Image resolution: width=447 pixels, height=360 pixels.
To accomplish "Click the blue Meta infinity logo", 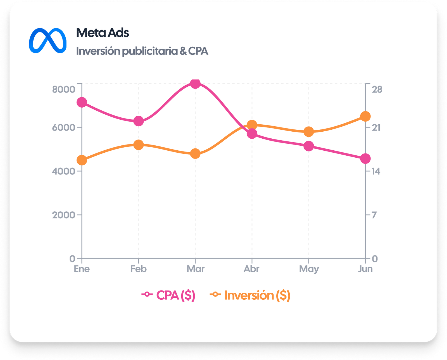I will pos(48,41).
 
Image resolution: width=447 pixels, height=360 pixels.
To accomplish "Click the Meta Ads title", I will pos(103,33).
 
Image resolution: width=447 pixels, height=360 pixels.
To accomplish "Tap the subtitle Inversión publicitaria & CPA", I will pos(142,51).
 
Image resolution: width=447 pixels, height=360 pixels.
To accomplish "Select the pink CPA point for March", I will pos(195,83).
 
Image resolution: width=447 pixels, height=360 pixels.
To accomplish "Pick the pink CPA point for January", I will pos(82,102).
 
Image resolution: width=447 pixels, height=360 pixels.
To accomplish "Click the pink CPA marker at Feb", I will pos(139,121).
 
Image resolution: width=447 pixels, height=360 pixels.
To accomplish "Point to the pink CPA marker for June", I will pos(365,158).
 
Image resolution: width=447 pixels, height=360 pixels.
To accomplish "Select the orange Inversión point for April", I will pos(252,125).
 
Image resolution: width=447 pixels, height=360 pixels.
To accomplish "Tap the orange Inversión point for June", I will pos(365,116).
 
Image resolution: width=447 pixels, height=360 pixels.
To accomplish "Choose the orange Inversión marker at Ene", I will pos(82,160).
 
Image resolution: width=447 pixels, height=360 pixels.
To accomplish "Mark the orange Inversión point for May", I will pos(309,132).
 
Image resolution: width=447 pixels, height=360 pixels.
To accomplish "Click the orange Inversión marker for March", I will pos(195,153).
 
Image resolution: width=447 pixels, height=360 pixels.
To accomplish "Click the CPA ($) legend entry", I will pos(168,295).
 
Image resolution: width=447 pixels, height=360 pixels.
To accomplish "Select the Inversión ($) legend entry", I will pos(250,295).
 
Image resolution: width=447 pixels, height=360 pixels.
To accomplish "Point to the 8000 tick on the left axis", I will pos(64,89).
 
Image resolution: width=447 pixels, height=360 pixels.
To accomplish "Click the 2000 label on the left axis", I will pos(64,215).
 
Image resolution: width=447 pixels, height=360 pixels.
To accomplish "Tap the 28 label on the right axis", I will pos(377,89).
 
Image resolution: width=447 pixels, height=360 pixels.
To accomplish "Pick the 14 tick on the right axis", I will pos(376,171).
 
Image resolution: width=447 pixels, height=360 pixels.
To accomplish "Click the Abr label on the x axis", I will pos(252,269).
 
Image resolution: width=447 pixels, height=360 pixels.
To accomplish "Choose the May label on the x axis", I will pos(309,269).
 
